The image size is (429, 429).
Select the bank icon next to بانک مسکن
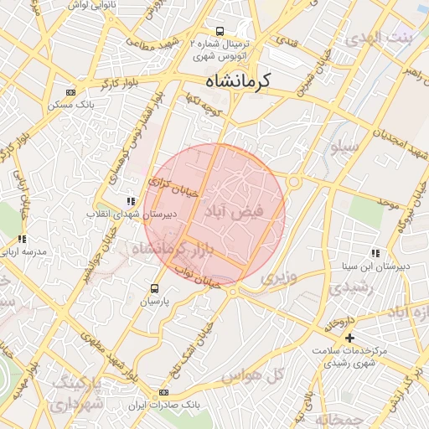[69, 92]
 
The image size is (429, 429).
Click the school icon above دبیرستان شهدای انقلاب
[130, 201]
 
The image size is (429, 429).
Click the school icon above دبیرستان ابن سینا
[375, 253]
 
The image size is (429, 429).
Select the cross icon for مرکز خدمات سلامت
[349, 338]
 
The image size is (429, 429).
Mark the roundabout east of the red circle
[293, 182]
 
